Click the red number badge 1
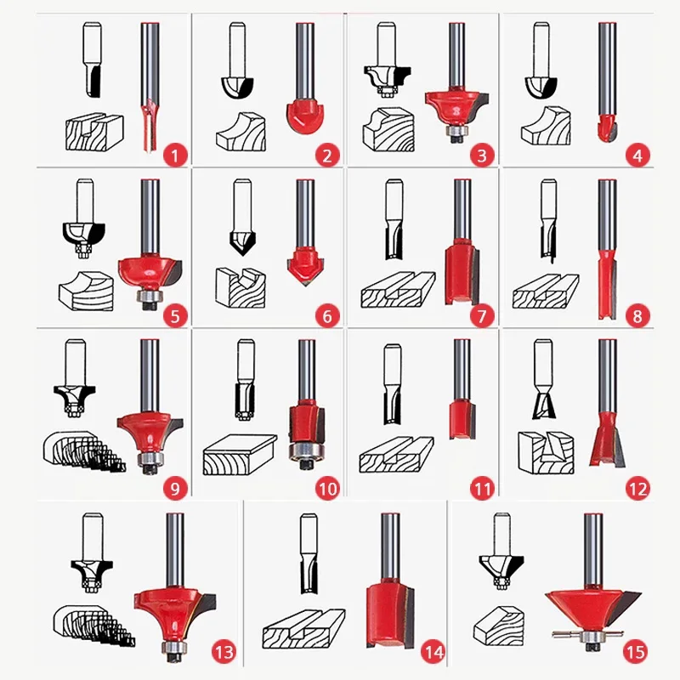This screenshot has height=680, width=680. [175, 155]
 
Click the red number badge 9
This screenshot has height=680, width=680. [175, 488]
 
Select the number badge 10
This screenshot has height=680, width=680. [327, 488]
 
